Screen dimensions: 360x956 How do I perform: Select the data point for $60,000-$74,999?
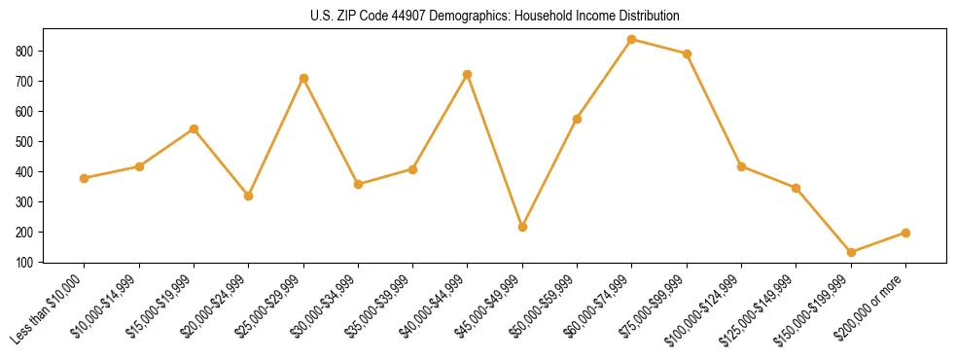point(632,40)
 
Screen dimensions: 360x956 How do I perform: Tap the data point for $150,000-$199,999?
point(851,252)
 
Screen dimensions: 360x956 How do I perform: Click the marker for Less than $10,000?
point(85,178)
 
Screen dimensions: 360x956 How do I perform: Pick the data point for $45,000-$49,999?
point(522,227)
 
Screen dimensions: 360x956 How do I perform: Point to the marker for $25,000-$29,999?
point(303,78)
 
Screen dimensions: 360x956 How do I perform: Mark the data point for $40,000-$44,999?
point(468,74)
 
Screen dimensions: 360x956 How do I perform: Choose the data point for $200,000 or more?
point(905,233)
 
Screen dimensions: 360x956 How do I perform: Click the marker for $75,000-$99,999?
point(687,54)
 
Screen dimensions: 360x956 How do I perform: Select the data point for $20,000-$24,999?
point(249,196)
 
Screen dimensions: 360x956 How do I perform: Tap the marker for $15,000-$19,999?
point(195,128)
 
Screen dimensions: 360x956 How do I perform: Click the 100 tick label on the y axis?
point(29,262)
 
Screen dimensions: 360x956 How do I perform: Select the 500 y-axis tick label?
point(29,141)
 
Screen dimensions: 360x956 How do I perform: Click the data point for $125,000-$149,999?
point(796,188)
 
